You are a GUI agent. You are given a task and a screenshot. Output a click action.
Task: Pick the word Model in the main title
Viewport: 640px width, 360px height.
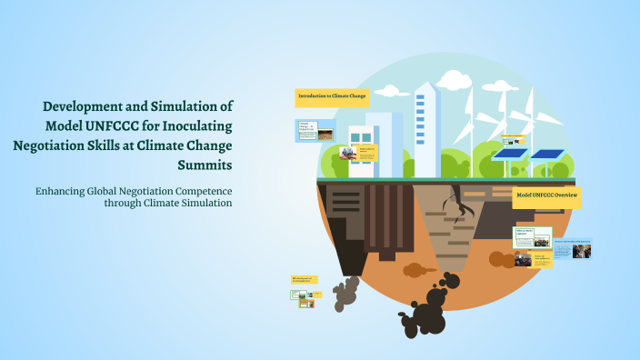(x=70, y=125)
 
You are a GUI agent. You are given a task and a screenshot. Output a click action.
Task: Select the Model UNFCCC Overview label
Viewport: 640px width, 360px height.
(x=546, y=195)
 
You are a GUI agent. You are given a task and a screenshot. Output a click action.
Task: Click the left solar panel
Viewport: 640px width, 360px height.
(x=512, y=155)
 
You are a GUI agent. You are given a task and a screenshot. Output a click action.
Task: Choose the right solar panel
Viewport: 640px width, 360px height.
(x=547, y=155)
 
